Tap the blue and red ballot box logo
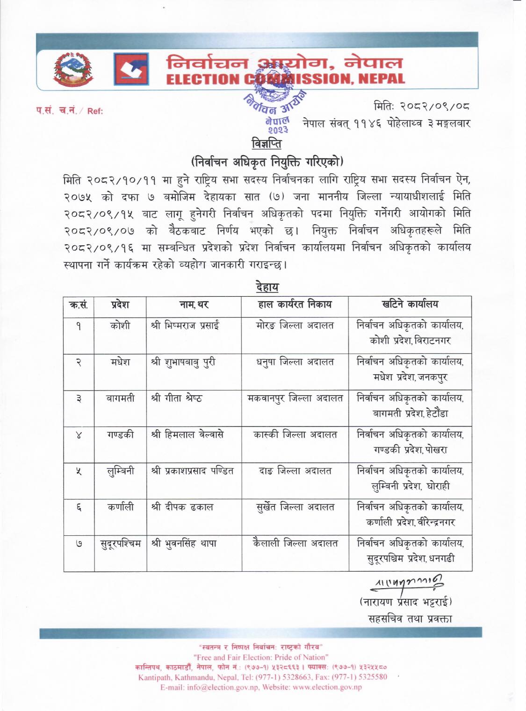131,69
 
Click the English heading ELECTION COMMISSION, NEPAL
286,79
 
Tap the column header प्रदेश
120,305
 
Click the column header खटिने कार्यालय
410,304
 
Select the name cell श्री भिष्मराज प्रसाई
186,326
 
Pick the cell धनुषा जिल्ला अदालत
295,362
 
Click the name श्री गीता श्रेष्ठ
177,398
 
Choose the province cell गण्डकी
120,434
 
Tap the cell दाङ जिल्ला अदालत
295,471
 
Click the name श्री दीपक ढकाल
182,507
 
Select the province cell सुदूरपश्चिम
120,543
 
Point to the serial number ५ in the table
79,471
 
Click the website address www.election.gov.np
321,687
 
